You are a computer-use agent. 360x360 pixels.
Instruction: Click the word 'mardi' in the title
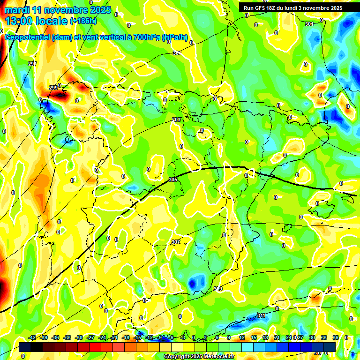pos(16,10)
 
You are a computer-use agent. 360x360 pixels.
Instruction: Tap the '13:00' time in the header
pos(18,21)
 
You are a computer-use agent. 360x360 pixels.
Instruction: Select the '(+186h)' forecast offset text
pos(83,21)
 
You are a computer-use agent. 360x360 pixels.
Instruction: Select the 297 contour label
pos(32,64)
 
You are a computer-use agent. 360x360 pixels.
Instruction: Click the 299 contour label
pos(53,88)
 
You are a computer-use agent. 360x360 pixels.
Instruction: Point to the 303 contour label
pos(176,120)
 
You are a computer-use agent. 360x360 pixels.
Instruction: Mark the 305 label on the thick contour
pos(172,180)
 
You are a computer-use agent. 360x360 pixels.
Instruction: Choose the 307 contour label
pos(176,242)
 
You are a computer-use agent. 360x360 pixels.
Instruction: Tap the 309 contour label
pos(218,289)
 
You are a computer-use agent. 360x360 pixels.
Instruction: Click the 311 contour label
pos(261,315)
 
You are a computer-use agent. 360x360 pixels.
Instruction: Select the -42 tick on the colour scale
pos(32,337)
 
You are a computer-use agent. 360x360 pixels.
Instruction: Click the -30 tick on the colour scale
pos(79,337)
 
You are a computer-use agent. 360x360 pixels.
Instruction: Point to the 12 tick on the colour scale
pos(241,337)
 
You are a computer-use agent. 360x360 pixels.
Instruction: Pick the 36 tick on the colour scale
pos(335,337)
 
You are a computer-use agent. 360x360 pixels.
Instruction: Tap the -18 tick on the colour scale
pos(126,337)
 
